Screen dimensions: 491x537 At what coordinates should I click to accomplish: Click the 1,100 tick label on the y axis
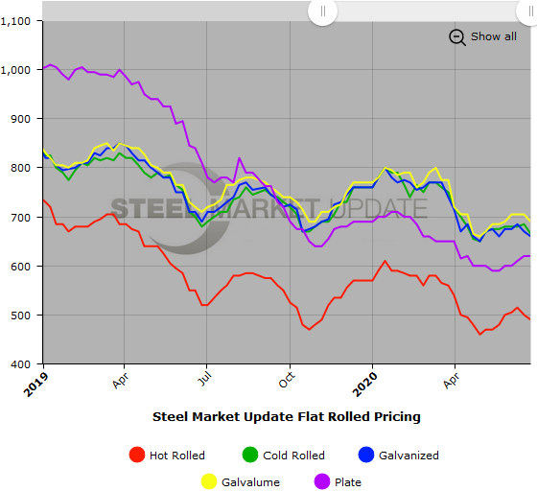[18, 20]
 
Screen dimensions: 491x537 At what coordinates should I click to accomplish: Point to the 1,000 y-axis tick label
[18, 70]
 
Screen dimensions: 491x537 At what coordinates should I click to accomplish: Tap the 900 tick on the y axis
[23, 119]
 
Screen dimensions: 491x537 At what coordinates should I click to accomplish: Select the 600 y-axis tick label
[23, 266]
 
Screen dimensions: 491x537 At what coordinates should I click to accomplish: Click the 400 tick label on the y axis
[23, 363]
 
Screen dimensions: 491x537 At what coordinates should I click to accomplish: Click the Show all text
[493, 36]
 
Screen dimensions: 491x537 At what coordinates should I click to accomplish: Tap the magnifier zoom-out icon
[457, 37]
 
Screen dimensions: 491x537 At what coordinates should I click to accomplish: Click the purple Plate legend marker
[320, 482]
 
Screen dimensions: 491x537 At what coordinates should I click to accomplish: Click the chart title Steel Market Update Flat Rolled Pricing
[287, 417]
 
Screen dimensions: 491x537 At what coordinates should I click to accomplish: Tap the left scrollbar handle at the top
[323, 12]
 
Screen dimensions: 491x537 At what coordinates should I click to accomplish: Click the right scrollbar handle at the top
[522, 12]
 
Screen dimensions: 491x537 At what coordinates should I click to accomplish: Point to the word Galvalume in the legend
[252, 482]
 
